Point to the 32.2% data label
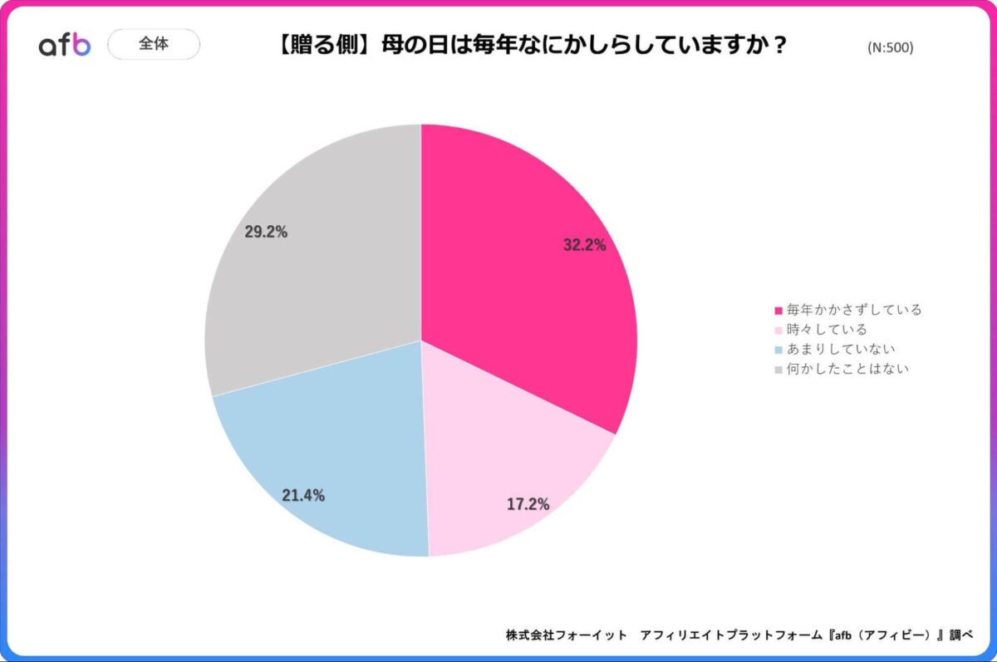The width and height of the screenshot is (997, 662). [x=584, y=245]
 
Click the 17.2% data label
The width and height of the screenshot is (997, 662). [x=528, y=504]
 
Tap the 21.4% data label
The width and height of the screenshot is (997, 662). [x=303, y=496]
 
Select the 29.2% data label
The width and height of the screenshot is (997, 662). [x=266, y=233]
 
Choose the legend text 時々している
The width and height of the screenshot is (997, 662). [x=827, y=330]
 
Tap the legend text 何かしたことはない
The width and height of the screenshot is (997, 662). [x=847, y=368]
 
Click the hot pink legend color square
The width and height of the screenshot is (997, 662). [x=778, y=311]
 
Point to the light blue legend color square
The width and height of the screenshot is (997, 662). [x=778, y=350]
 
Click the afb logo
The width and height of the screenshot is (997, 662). [x=64, y=45]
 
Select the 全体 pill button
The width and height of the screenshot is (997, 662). [x=154, y=44]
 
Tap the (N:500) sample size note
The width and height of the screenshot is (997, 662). [x=890, y=47]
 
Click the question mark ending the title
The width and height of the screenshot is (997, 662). [x=778, y=45]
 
